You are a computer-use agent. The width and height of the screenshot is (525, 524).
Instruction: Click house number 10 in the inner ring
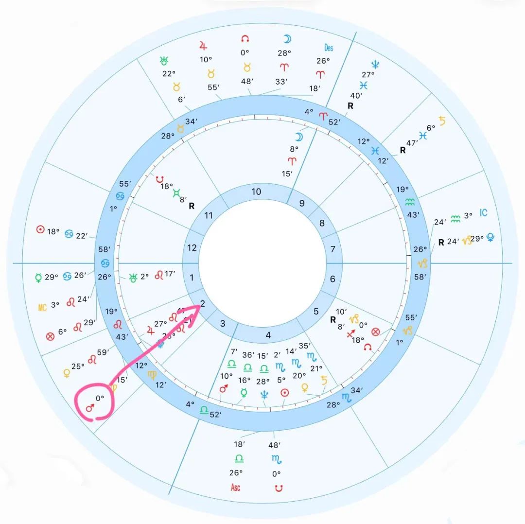pos(256,192)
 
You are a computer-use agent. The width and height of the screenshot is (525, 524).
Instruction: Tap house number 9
pos(302,203)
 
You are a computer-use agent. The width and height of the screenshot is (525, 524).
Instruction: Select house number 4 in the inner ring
pos(268,335)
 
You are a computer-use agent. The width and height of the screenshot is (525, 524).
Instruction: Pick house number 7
pos(332,249)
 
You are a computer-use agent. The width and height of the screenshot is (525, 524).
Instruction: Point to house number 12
pos(192,248)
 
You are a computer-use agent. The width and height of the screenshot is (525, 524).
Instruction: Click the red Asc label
pos(236,488)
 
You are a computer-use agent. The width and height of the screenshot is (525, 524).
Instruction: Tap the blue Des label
pos(329,48)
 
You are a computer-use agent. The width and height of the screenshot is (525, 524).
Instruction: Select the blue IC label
pos(483,213)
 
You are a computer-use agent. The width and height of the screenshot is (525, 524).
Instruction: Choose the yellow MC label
pos(42,307)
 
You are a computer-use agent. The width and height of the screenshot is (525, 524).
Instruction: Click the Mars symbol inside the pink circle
pos(90,408)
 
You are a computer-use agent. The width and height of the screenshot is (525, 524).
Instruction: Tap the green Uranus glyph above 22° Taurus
pos(164,61)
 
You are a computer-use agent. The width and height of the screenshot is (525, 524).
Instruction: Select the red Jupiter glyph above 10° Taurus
pos(203,46)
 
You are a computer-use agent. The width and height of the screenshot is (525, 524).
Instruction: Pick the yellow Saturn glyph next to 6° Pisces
pos(442,121)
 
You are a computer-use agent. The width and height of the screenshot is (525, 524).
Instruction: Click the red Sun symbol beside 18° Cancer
pos(41,229)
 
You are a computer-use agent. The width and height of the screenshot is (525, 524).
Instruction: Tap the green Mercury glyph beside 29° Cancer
pos(38,278)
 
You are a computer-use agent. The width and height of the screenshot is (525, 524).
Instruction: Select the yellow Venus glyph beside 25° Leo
pos(67,373)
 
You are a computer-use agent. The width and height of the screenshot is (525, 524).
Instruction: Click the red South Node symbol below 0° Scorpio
pos(278,488)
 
